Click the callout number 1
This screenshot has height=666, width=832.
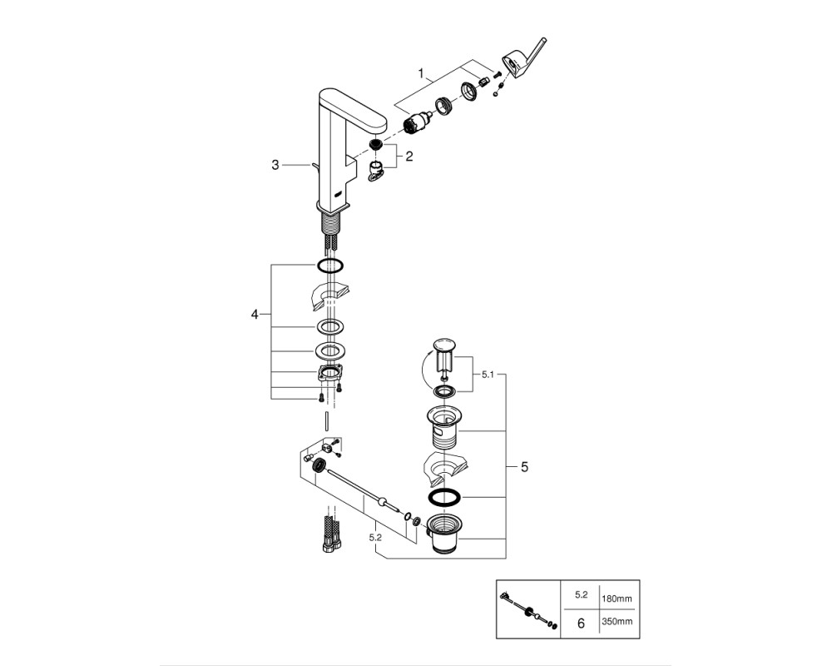421,72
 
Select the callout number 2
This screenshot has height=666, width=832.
409,157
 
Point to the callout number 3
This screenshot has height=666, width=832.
275,165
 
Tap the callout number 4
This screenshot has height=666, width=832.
255,315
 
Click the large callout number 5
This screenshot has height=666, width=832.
524,467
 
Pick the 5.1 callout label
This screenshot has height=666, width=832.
487,375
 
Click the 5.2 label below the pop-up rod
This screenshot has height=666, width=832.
375,538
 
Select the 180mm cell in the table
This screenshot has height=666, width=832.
617,599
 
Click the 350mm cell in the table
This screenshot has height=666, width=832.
617,621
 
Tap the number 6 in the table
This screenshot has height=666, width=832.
581,623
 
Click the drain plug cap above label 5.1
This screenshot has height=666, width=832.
444,345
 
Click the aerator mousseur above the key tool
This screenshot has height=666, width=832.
375,145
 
